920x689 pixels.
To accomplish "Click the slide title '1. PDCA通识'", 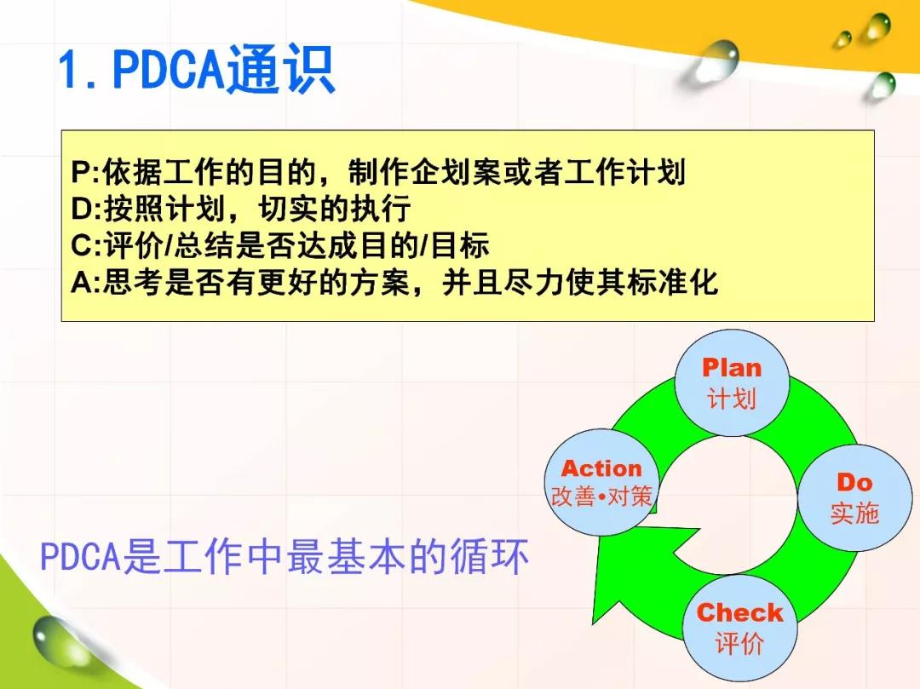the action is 197,70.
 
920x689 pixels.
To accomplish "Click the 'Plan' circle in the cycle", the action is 732,383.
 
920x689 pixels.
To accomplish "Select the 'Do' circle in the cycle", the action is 855,498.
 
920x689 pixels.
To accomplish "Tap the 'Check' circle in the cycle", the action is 739,628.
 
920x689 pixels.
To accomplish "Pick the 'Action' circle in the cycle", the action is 601,482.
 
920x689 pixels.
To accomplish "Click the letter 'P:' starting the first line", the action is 86,172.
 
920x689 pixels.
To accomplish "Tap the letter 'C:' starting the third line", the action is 86,245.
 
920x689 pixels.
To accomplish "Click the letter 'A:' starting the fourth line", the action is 86,283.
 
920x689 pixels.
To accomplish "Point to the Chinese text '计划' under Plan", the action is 731,399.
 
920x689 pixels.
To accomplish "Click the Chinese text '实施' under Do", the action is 854,513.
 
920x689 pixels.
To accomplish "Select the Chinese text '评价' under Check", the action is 739,643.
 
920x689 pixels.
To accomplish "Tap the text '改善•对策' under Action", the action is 601,497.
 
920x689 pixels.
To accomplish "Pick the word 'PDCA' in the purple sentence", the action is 80,556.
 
